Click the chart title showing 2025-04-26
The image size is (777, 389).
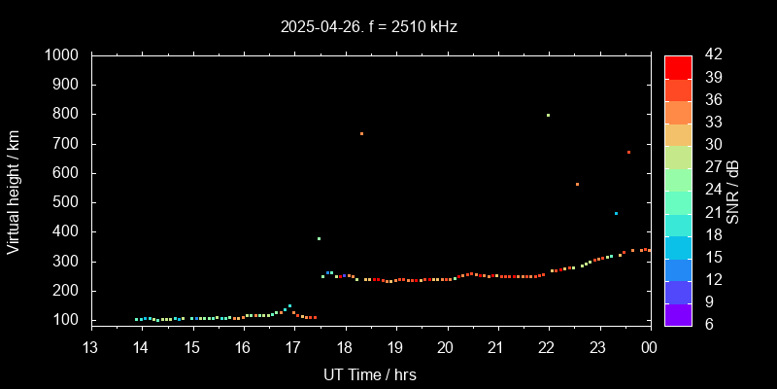(369, 27)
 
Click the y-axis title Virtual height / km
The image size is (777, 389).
(14, 191)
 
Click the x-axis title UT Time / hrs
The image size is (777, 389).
(370, 373)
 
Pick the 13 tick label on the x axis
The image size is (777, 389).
(90, 347)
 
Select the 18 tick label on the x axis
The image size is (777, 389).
(345, 347)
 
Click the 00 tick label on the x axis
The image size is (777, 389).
(649, 347)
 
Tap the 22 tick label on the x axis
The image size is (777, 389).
(548, 347)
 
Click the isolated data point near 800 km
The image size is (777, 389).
(548, 115)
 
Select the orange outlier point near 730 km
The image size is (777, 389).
(361, 133)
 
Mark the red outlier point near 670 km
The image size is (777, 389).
(628, 152)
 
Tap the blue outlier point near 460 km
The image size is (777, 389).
(616, 213)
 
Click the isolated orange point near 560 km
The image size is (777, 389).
(577, 184)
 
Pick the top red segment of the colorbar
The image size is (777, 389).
(678, 66)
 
